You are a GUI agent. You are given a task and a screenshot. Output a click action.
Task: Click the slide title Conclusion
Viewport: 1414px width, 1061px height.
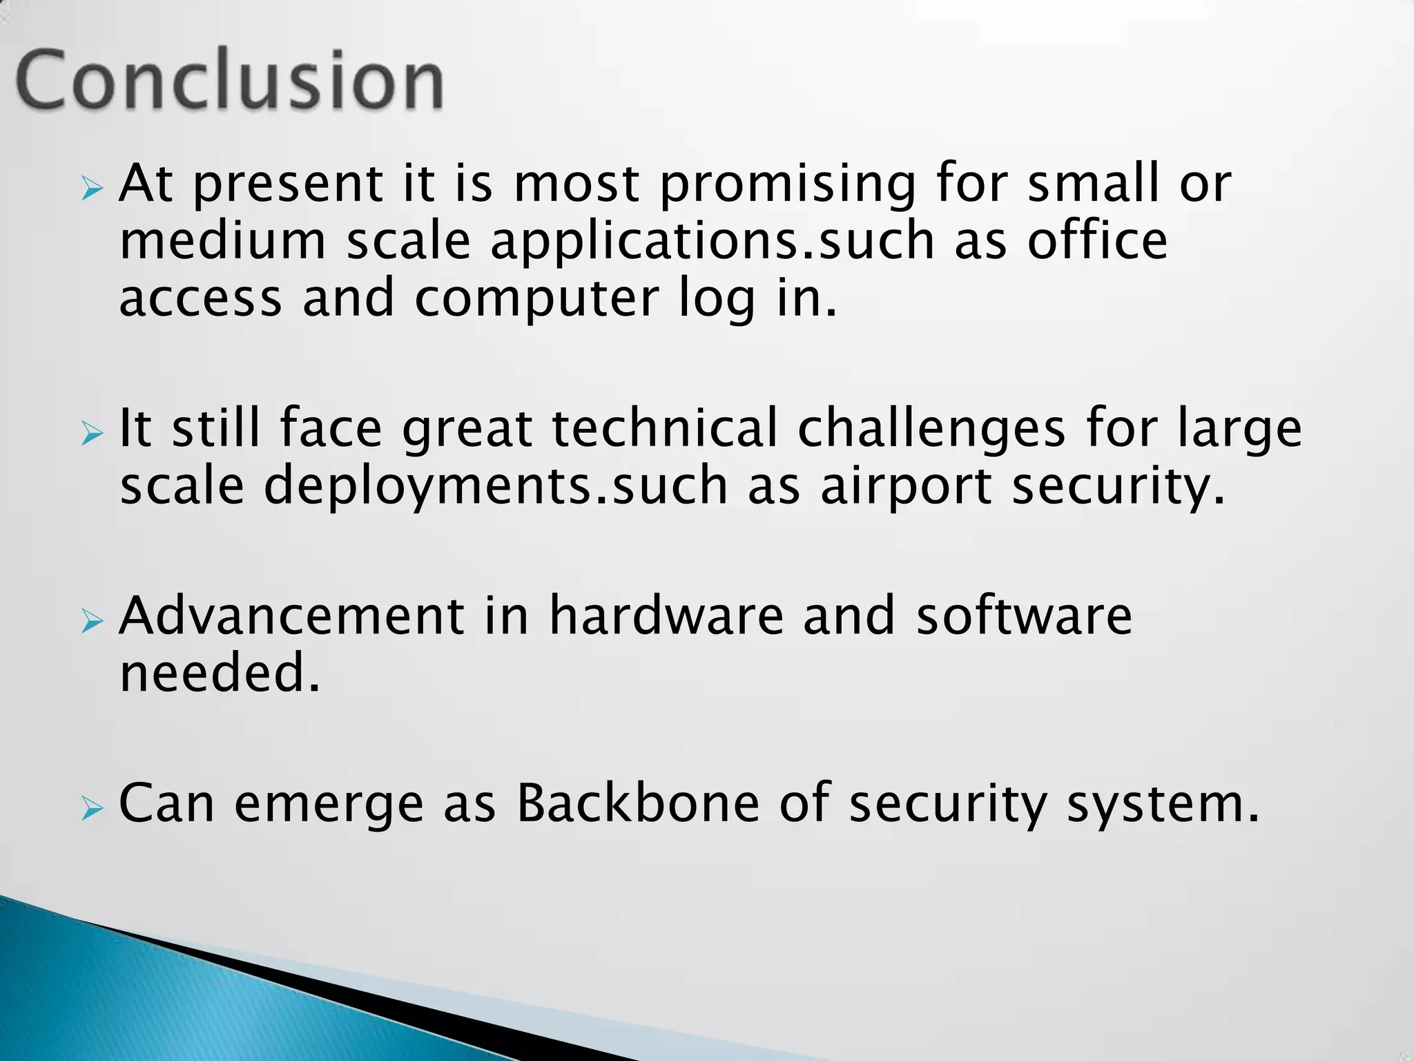(x=229, y=80)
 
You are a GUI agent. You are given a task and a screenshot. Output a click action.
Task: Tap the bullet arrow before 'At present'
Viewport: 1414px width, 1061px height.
(x=91, y=188)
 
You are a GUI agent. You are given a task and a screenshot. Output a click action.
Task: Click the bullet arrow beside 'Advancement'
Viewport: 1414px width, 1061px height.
(x=91, y=621)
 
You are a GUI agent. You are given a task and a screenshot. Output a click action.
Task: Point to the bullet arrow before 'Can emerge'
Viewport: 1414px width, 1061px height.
(x=91, y=807)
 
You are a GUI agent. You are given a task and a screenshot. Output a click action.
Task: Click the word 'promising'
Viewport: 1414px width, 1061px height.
(x=788, y=185)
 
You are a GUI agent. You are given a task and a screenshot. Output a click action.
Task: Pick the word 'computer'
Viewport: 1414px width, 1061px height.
(x=536, y=300)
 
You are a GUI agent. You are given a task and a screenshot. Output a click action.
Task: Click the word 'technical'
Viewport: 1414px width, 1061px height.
(x=665, y=428)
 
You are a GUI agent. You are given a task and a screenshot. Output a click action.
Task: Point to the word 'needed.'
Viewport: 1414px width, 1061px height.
(x=220, y=673)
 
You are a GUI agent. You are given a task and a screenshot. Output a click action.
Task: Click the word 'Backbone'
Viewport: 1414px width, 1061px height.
(x=637, y=803)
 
